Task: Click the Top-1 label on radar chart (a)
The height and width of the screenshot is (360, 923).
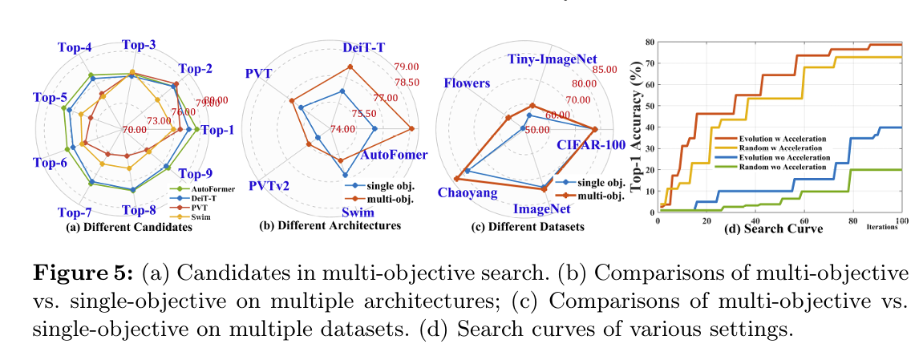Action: (x=216, y=130)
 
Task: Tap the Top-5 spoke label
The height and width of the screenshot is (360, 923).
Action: (x=50, y=98)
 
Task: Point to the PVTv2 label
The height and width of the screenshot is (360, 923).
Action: (x=269, y=185)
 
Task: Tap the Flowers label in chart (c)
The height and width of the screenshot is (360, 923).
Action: (x=464, y=83)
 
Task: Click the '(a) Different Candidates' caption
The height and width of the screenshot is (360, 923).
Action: (x=128, y=227)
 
